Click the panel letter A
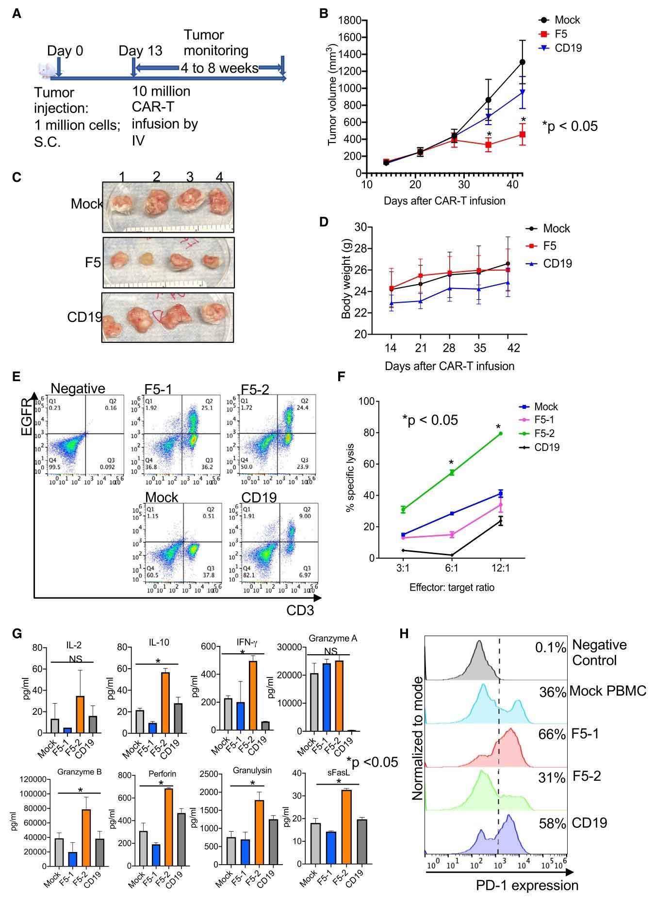coord(16,15)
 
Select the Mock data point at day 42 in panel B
coord(523,62)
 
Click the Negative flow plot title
coord(78,388)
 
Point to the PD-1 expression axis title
coord(527,885)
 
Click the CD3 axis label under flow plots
coord(300,610)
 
